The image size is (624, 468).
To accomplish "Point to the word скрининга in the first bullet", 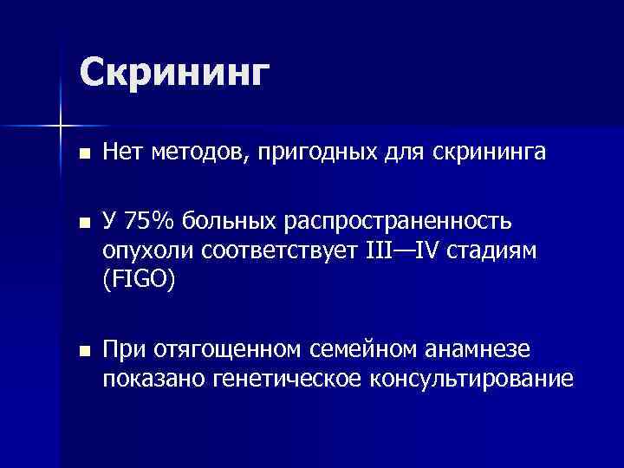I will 497,154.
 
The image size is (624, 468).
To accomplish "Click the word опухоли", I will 146,252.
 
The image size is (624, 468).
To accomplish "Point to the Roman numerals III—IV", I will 404,251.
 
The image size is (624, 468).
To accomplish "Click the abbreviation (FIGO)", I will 138,282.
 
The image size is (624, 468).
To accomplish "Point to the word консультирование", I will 471,380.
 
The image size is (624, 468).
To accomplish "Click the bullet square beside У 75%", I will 83,223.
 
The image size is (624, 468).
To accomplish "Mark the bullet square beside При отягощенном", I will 83,350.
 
